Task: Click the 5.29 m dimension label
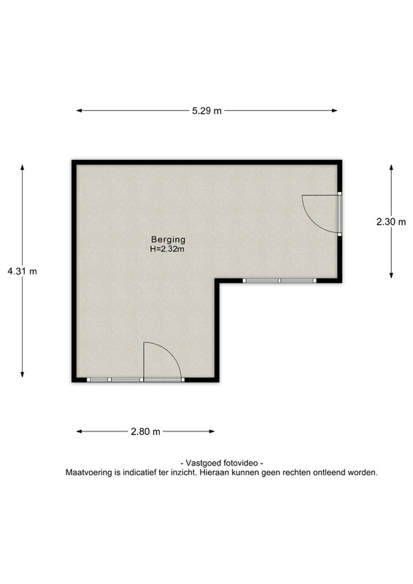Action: (x=206, y=111)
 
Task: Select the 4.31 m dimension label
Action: (x=23, y=271)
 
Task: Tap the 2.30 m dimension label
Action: (x=391, y=222)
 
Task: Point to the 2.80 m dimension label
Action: (x=145, y=431)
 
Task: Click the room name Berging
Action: (x=168, y=239)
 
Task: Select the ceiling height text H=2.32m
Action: (x=167, y=250)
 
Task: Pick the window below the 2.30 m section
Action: (x=279, y=280)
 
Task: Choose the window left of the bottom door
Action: (x=115, y=380)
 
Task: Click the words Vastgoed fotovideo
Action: (x=222, y=463)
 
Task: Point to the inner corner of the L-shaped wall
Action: (x=217, y=281)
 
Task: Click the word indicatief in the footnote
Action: (x=139, y=472)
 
